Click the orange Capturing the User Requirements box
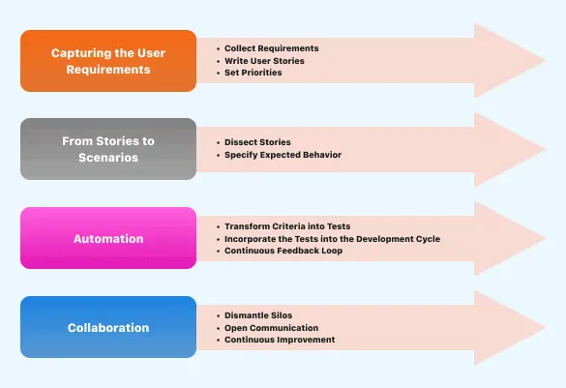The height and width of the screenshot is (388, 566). tap(108, 60)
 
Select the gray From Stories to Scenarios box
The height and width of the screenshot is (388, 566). tap(108, 149)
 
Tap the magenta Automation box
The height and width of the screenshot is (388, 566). tap(108, 237)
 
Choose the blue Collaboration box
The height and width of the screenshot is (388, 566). tap(108, 327)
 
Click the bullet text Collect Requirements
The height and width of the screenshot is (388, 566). tap(271, 47)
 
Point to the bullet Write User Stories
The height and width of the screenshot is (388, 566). tap(265, 60)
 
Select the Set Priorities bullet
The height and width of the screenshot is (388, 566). tap(253, 73)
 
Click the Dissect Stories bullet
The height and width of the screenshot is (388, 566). tap(258, 142)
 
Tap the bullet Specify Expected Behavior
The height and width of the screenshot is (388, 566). tap(283, 155)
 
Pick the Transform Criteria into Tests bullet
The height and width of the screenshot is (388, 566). tap(287, 225)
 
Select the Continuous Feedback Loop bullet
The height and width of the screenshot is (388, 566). tap(282, 251)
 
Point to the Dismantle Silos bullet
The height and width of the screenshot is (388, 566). tap(259, 314)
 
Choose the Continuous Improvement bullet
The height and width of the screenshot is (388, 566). tap(280, 340)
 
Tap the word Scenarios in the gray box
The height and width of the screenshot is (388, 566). tap(108, 158)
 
